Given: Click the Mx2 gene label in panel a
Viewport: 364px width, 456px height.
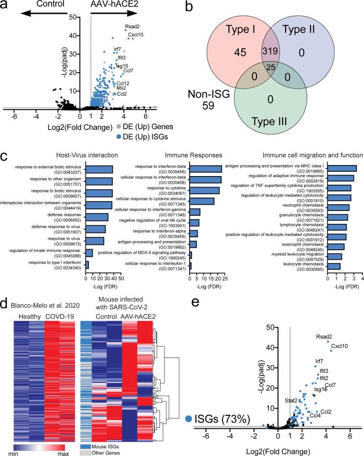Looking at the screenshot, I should (x=121, y=88).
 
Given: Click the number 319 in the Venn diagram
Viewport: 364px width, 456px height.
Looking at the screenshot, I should (x=268, y=51).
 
